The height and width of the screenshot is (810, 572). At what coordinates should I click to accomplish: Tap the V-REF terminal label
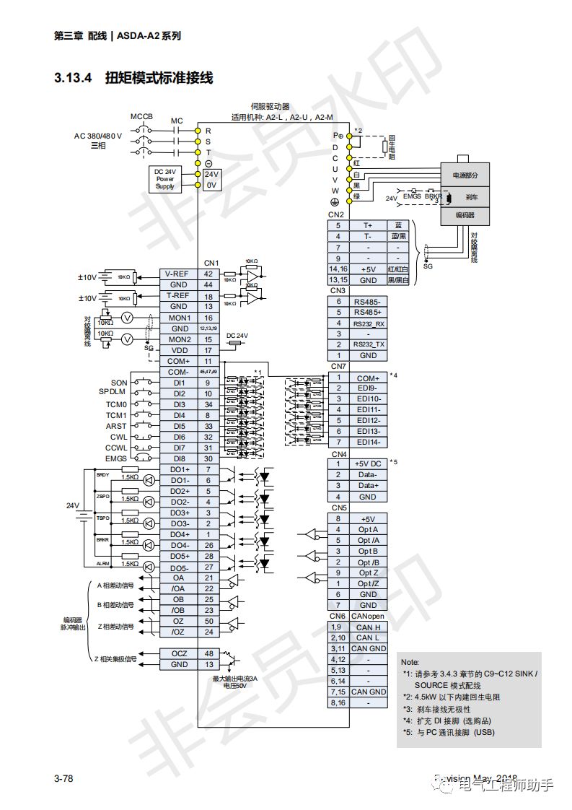[178, 274]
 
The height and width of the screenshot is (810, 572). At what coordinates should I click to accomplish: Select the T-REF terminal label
[178, 296]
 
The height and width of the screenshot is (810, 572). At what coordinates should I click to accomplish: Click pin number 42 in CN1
[208, 274]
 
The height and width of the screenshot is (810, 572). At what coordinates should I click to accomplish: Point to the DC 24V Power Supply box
[165, 179]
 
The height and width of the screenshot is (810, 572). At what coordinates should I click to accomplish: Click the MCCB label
[141, 116]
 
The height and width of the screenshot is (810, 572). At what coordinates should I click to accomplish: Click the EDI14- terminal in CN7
[368, 442]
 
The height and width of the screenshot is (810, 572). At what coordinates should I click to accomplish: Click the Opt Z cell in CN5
[368, 572]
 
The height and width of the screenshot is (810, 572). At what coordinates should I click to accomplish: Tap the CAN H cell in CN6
[368, 627]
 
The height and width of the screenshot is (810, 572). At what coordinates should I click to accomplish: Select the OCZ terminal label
[178, 653]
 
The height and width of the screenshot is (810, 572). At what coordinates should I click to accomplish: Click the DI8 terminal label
[178, 458]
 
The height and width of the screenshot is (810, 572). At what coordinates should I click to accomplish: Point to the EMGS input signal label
[115, 458]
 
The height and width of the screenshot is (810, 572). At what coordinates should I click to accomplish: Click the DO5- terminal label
[178, 567]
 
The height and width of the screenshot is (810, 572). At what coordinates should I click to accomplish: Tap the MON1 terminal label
[178, 318]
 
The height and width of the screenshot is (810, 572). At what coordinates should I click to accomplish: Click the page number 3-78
[64, 778]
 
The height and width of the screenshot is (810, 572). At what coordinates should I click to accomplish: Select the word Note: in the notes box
[410, 661]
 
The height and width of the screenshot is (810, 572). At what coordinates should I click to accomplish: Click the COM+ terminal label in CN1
[178, 361]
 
